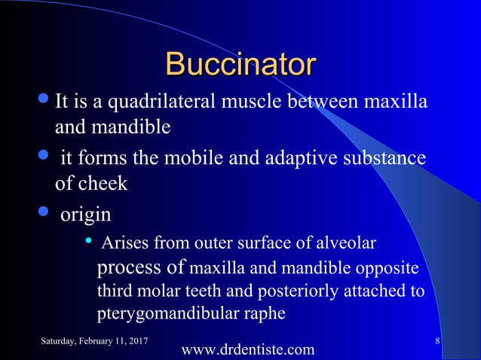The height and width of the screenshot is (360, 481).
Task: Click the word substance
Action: [x=384, y=160]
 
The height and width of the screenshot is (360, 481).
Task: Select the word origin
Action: [x=84, y=215]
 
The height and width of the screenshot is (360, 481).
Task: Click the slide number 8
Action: [x=438, y=343]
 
